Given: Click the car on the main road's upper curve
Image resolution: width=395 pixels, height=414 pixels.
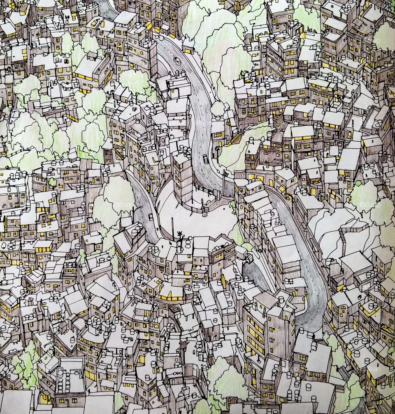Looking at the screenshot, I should [x=177, y=60].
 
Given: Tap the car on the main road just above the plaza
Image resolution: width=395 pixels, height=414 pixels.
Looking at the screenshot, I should [x=205, y=159].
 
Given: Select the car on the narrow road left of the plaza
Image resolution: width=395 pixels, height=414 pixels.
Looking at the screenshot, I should [x=151, y=216].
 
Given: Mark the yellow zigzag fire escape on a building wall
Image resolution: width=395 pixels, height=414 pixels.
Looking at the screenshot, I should [x=119, y=154].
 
